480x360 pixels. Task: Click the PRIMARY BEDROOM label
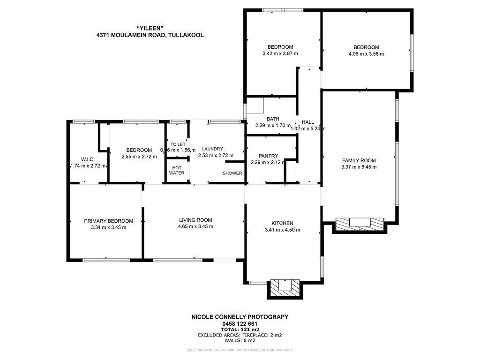pos(109,221)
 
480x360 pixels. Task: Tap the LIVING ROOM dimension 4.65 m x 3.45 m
pos(195,226)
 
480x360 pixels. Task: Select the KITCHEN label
pos(282,223)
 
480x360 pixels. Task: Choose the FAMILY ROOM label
pos(359,160)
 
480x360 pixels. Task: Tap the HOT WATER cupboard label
pos(177,170)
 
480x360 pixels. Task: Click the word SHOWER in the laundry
pos(232,173)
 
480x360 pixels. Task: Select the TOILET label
pos(178,144)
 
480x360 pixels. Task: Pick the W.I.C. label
pos(88,159)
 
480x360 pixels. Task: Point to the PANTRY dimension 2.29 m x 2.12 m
pos(268,163)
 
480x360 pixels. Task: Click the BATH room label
pos(273,119)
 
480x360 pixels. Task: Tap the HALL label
pos(308,122)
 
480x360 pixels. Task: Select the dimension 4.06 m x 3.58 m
pos(366,54)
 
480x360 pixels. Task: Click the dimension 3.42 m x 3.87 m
pos(280,54)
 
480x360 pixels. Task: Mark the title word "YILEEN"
pos(150,28)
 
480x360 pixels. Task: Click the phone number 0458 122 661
pos(240,323)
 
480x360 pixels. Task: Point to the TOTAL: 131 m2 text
pos(240,330)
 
